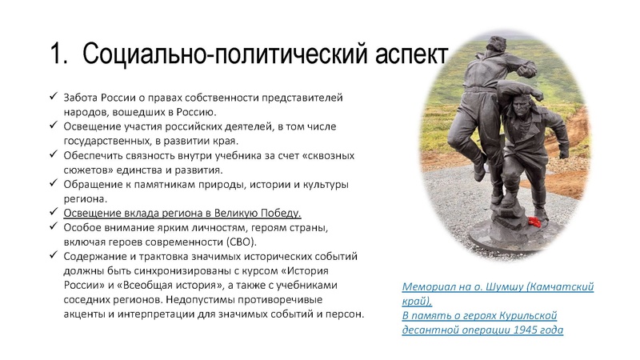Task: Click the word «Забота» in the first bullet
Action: point(83,97)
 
